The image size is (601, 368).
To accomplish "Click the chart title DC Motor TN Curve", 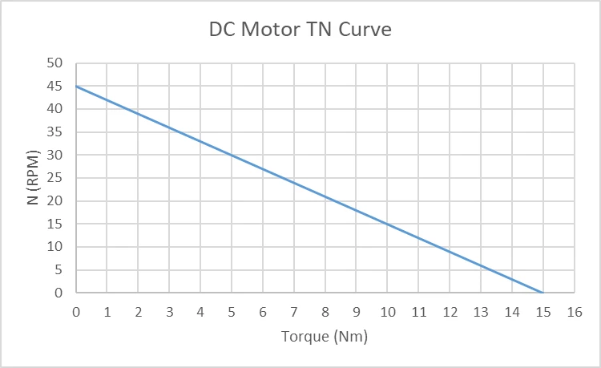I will pos(300,30).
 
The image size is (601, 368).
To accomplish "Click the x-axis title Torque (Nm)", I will pos(325,336).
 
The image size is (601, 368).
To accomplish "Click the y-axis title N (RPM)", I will pos(34,177).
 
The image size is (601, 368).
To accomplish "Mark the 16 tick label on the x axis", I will pos(574,309).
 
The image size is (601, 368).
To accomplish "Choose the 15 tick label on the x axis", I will pos(543,309).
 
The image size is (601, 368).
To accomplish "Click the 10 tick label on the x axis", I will pos(387,309).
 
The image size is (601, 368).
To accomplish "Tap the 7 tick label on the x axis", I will pos(293,309).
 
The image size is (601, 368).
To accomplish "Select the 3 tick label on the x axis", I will pos(169,309).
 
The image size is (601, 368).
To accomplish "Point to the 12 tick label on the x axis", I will pos(449,309).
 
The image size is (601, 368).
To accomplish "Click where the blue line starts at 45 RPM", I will pos(76,86).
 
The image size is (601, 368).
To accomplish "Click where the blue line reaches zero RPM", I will pos(543,293).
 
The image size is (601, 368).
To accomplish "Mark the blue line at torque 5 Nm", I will pos(232,155).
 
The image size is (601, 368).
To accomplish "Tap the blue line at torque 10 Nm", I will pos(387,224).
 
